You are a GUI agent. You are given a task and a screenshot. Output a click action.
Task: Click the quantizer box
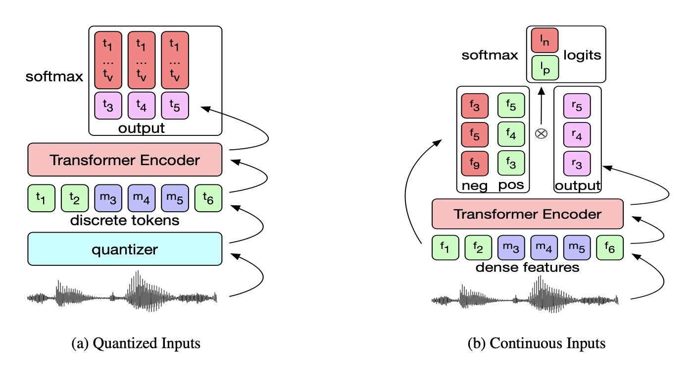coord(125,249)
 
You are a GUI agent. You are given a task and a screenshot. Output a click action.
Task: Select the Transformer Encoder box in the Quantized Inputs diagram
coord(125,160)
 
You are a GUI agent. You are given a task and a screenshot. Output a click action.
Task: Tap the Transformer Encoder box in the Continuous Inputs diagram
coord(528,214)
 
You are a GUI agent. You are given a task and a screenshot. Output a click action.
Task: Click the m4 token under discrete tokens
coord(142,198)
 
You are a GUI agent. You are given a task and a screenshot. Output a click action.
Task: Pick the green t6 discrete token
coord(208,198)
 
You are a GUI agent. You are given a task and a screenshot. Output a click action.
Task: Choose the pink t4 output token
coord(142,106)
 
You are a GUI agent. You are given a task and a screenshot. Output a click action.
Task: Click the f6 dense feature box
coord(610,247)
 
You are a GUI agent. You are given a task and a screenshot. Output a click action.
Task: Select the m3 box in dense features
coord(511,247)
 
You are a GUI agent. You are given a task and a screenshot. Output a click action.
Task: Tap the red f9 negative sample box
coord(475,164)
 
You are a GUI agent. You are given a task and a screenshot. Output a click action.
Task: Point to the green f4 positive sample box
coord(511,134)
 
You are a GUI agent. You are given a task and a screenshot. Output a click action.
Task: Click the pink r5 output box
coord(577,106)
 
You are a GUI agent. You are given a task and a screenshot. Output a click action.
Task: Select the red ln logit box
coord(545,40)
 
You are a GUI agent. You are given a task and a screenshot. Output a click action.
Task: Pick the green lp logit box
coord(545,68)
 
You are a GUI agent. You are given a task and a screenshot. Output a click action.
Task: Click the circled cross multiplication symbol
coord(542,134)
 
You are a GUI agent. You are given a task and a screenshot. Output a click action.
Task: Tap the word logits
coord(582,56)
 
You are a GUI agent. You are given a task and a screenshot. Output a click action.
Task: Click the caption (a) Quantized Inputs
coord(136,343)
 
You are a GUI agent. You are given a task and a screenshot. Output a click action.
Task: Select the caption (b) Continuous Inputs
coord(537,343)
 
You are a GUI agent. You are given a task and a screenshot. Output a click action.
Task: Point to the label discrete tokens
coord(125,220)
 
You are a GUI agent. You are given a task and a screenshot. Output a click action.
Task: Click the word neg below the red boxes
coord(475,186)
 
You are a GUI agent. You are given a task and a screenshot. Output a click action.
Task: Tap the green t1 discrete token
coord(41,198)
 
